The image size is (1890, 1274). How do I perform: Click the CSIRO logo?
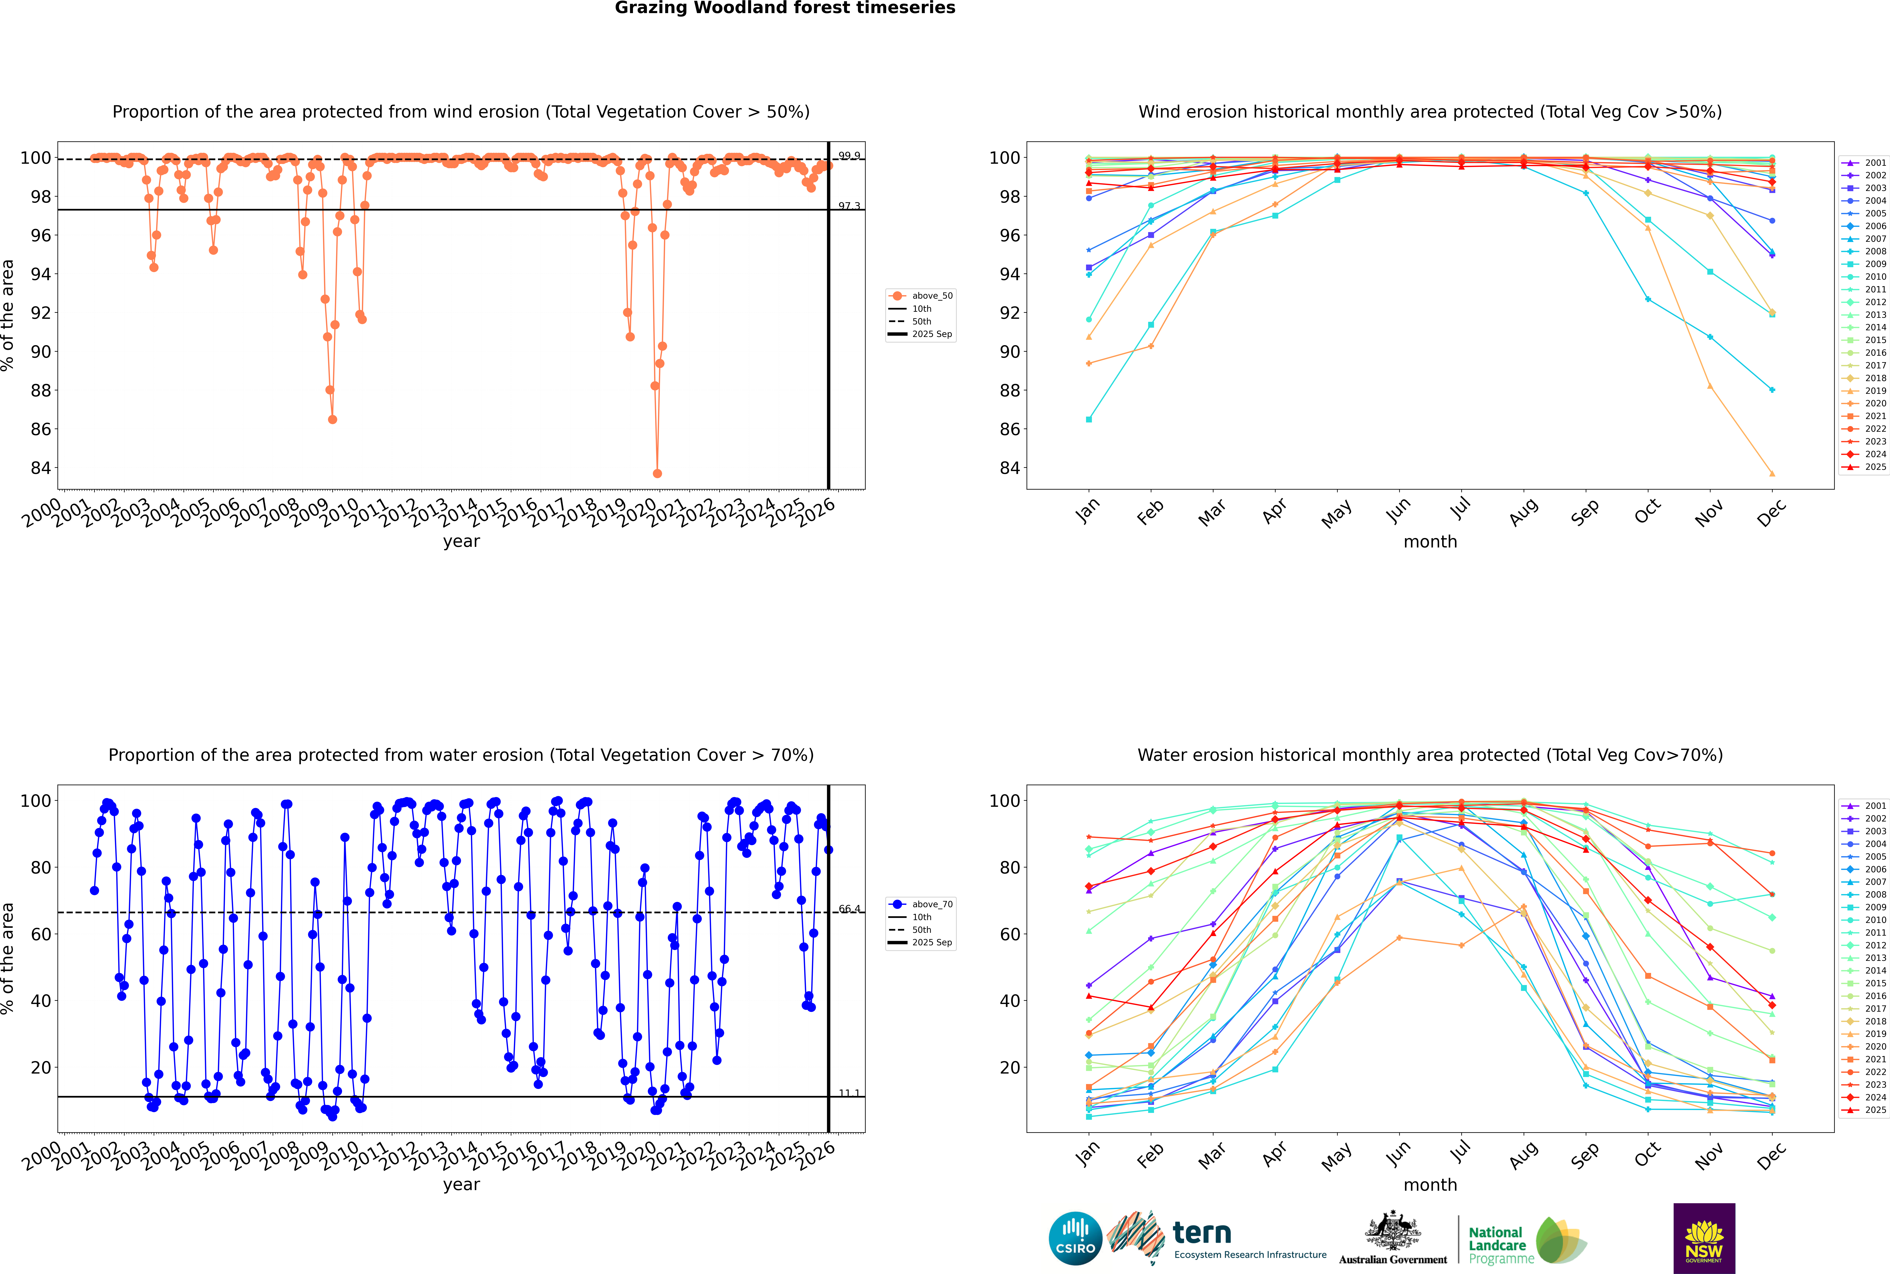pyautogui.click(x=1075, y=1238)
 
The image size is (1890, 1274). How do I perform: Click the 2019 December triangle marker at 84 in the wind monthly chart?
pyautogui.click(x=1772, y=474)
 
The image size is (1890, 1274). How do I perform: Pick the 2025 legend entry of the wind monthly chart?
pyautogui.click(x=1869, y=467)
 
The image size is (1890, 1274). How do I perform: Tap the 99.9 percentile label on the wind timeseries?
pyautogui.click(x=849, y=155)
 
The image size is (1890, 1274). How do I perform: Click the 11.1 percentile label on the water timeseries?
pyautogui.click(x=849, y=1093)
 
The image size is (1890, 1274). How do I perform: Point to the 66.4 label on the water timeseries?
pyautogui.click(x=849, y=908)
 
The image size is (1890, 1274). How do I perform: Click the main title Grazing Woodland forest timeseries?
pyautogui.click(x=785, y=8)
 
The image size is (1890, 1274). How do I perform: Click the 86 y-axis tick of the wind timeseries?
pyautogui.click(x=40, y=429)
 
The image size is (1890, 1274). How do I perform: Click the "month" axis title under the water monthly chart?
pyautogui.click(x=1430, y=1185)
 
